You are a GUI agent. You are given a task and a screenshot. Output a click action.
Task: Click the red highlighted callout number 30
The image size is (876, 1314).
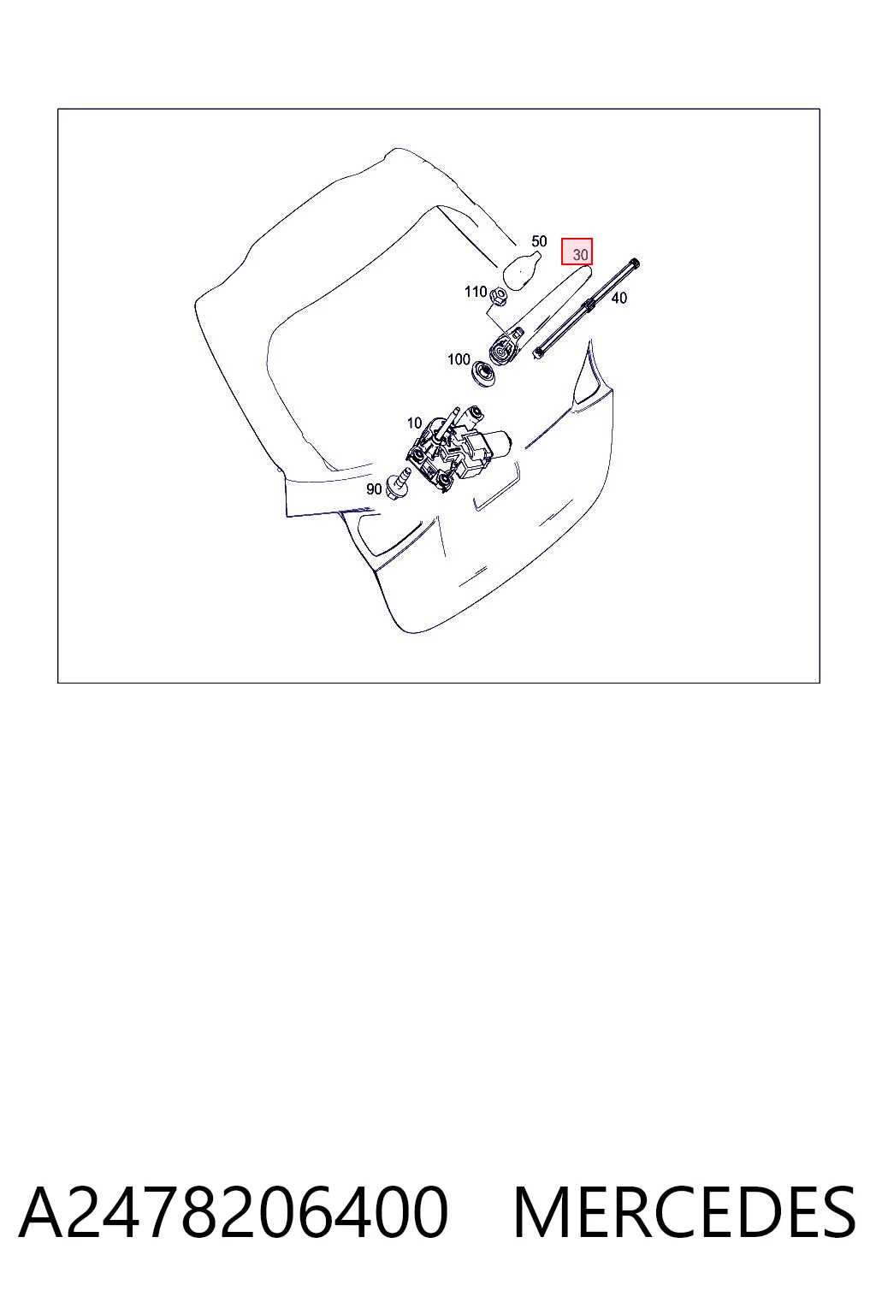[580, 255]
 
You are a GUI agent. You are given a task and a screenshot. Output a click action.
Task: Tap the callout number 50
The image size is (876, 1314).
[539, 241]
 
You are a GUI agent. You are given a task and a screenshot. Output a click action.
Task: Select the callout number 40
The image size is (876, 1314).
[619, 298]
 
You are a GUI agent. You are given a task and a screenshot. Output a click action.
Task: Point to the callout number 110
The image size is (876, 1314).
[476, 292]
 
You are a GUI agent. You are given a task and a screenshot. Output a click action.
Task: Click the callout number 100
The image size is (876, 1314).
[459, 359]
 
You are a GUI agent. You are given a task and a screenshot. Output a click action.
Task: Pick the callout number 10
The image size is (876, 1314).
[414, 423]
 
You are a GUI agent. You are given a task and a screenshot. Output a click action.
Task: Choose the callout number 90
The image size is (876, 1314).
[374, 489]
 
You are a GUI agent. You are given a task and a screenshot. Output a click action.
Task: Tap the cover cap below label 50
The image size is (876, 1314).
[520, 269]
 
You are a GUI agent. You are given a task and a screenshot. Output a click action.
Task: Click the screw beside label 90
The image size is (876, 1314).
[399, 485]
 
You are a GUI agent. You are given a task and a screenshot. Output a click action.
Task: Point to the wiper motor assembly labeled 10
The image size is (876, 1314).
[456, 449]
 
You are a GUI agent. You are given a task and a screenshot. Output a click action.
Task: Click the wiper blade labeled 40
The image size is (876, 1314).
[585, 308]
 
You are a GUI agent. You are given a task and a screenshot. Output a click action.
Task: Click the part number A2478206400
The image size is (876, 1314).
[234, 1211]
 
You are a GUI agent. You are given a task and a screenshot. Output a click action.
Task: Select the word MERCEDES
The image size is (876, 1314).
[684, 1212]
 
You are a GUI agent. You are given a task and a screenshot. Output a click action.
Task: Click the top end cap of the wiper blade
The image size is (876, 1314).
[634, 264]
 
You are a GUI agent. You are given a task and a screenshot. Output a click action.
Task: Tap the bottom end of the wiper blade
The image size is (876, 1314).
[538, 352]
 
